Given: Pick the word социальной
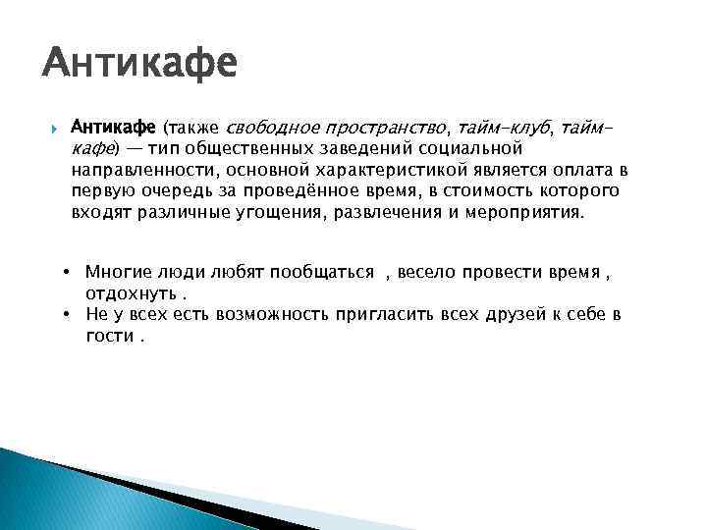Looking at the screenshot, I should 476,147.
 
